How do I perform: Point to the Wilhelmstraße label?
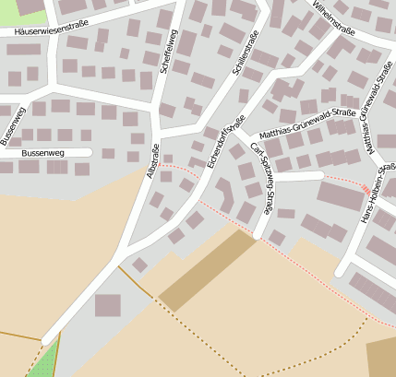(x=334, y=19)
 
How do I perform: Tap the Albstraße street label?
(x=154, y=161)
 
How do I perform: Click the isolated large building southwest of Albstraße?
(x=108, y=305)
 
